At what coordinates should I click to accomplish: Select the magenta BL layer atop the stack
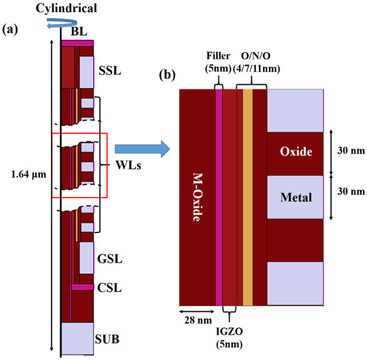coord(77,43)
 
